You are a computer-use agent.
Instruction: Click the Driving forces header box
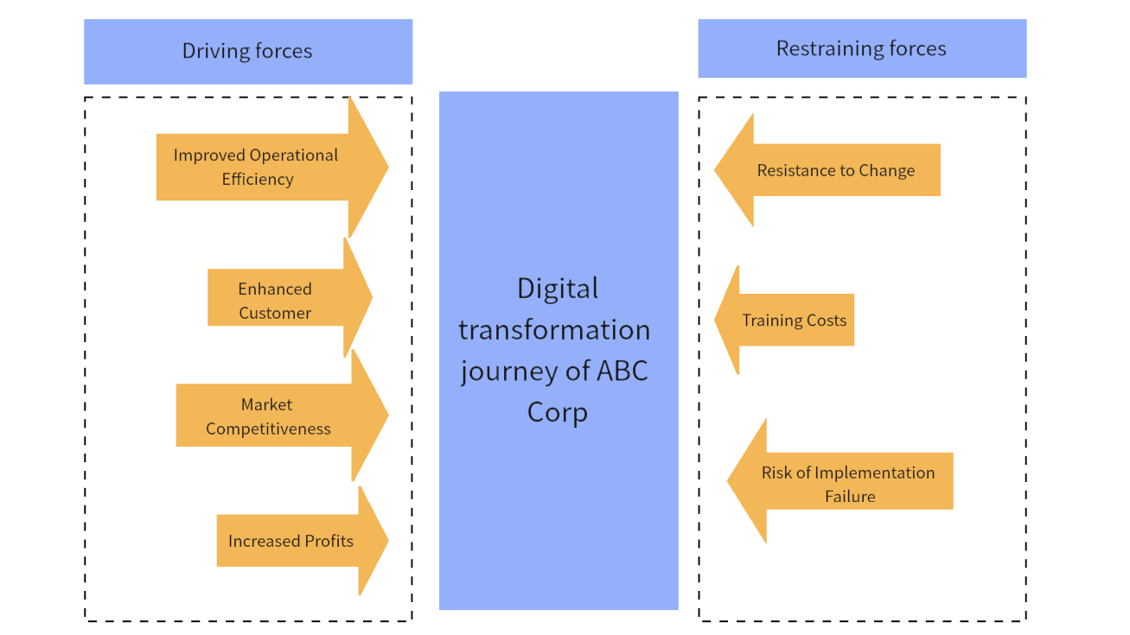[247, 52]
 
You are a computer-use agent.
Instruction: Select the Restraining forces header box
[861, 48]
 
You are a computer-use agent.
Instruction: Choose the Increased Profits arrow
[294, 542]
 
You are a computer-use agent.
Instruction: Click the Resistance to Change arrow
[830, 171]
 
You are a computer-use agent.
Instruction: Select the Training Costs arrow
[791, 321]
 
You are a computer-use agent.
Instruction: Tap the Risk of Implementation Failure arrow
[843, 484]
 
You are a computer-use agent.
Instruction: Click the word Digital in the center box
[558, 289]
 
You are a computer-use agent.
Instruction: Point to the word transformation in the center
[554, 330]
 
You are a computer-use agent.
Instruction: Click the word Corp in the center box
[558, 412]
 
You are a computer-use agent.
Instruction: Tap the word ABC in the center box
[622, 371]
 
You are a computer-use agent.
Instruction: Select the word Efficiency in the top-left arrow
[258, 180]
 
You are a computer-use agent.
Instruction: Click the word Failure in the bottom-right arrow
[850, 497]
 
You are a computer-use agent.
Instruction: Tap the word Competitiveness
[268, 429]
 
